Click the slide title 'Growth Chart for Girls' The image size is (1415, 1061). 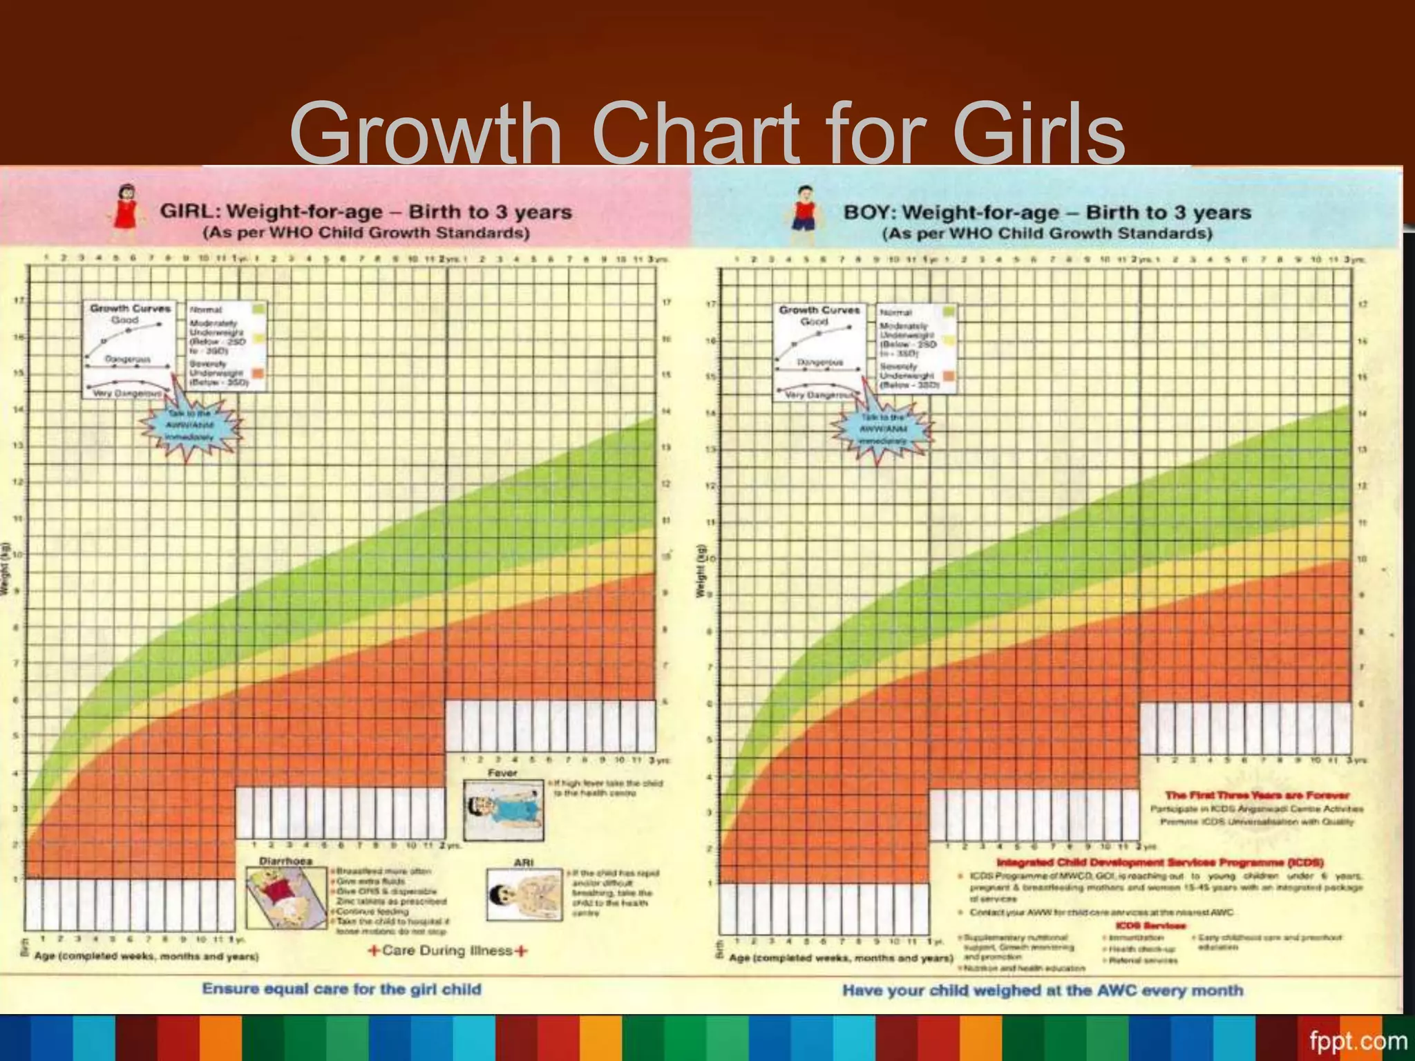tap(707, 131)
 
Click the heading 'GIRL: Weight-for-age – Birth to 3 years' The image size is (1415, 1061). tap(366, 211)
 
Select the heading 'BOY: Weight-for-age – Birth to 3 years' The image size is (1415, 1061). tap(1047, 212)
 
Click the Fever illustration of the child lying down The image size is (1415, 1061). tap(502, 810)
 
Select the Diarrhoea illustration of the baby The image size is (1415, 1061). tap(286, 898)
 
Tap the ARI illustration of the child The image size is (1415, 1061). tap(524, 895)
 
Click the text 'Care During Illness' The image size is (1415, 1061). tap(448, 950)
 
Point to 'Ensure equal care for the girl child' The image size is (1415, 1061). tap(341, 989)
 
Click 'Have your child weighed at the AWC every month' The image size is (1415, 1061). tap(1043, 991)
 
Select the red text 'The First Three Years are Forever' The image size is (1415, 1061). tap(1257, 795)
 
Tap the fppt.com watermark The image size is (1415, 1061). tap(1358, 1040)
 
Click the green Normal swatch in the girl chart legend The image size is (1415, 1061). tap(258, 309)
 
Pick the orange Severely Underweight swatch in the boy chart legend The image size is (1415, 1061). tap(949, 376)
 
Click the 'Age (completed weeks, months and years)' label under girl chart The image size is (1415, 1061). tap(146, 957)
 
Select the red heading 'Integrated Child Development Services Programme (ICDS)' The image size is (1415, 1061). tap(1160, 862)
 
